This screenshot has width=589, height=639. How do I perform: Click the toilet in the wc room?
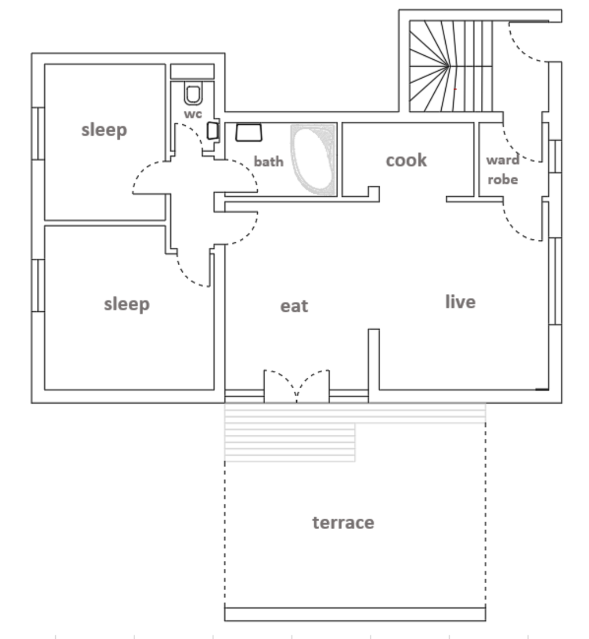pyautogui.click(x=193, y=94)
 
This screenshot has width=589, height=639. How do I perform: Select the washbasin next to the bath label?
pyautogui.click(x=248, y=133)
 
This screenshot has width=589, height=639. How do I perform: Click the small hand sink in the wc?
pyautogui.click(x=213, y=131)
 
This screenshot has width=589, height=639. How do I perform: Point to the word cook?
pyautogui.click(x=406, y=160)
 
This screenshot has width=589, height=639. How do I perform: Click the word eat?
pyautogui.click(x=294, y=306)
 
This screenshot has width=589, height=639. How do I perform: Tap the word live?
pyautogui.click(x=460, y=301)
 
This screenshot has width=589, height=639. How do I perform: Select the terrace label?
pyautogui.click(x=343, y=522)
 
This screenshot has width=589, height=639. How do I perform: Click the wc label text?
pyautogui.click(x=193, y=114)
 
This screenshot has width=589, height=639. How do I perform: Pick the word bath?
pyautogui.click(x=269, y=162)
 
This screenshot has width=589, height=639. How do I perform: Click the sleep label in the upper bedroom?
pyautogui.click(x=104, y=131)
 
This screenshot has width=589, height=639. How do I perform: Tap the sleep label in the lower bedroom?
pyautogui.click(x=127, y=304)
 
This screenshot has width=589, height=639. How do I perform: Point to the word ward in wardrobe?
pyautogui.click(x=503, y=160)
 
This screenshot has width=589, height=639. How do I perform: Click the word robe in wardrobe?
pyautogui.click(x=503, y=179)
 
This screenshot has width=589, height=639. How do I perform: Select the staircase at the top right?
pyautogui.click(x=451, y=66)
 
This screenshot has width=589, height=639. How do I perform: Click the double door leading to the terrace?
pyautogui.click(x=297, y=386)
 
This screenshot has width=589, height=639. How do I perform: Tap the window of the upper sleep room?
pyautogui.click(x=38, y=133)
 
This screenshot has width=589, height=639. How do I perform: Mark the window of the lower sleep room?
pyautogui.click(x=38, y=286)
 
